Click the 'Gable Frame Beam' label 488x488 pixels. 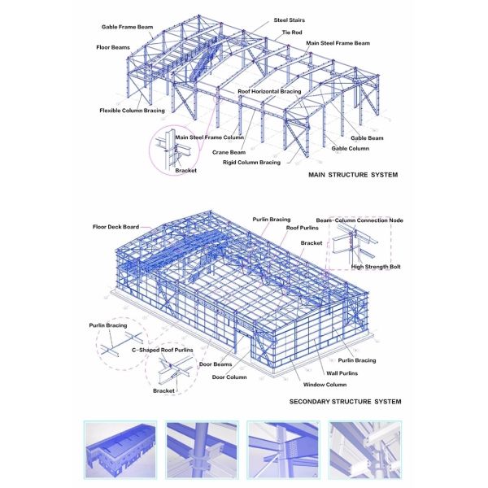coord(128,27)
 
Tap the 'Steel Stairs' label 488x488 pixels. coord(289,20)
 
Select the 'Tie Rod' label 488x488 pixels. coord(292,33)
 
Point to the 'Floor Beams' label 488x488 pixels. coord(113,48)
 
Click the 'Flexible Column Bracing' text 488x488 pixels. coord(132,111)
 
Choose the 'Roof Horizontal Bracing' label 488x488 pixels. coord(269,91)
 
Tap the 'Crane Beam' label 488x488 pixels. coord(229,153)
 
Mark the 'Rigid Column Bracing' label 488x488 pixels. coord(251,163)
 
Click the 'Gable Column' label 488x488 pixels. coord(350,149)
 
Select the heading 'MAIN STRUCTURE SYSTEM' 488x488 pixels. coord(353,175)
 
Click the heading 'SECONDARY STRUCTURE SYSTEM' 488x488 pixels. coord(345,402)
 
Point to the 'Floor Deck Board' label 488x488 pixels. coord(115,227)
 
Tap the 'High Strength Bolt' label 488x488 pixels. coord(376,267)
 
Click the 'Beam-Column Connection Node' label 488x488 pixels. coord(359,220)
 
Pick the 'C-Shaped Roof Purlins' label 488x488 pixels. coord(162,350)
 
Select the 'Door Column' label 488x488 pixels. coord(229,377)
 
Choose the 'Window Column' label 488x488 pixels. coord(325,385)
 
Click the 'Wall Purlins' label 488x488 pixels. coord(342,373)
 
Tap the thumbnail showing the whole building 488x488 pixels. coord(120,450)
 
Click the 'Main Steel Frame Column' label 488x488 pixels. coord(209,137)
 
